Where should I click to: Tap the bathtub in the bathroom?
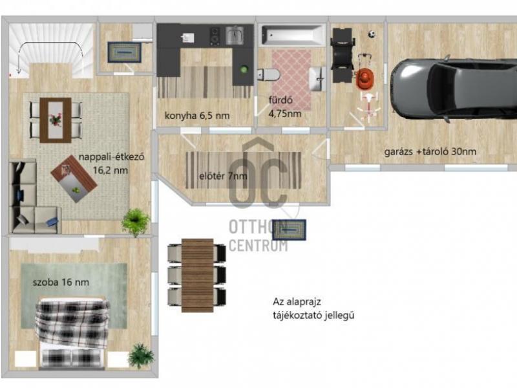[292, 36]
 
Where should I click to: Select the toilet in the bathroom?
[269, 75]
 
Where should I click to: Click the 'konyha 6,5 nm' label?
[197, 116]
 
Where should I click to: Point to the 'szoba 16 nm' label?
[61, 283]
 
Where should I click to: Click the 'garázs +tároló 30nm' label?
[430, 152]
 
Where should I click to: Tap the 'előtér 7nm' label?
[223, 176]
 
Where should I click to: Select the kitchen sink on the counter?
[235, 36]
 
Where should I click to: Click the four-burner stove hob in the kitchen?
[215, 36]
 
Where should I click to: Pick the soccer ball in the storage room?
[372, 34]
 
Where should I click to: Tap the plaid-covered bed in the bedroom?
[72, 332]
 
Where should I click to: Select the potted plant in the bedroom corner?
[141, 356]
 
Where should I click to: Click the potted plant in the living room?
[136, 221]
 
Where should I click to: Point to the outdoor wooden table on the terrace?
[198, 275]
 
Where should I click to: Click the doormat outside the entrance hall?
[289, 230]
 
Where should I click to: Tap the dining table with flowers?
[56, 120]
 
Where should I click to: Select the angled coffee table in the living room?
[74, 178]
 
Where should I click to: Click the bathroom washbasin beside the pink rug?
[318, 78]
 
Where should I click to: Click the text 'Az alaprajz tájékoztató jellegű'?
[313, 309]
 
